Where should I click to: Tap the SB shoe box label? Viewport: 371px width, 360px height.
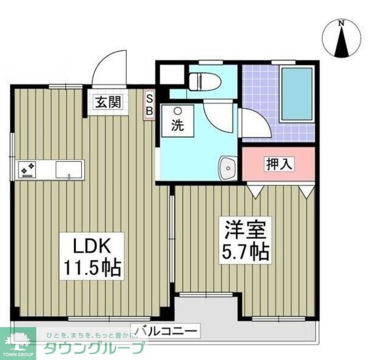149,105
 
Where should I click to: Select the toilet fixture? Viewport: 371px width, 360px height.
204,81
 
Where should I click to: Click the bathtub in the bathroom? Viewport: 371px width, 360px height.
296,94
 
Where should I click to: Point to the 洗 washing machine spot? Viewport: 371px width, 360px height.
178,121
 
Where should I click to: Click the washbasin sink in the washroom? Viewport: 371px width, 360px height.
227,168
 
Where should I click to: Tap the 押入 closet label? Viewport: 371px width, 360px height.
279,163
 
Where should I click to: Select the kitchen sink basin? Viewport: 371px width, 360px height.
68,169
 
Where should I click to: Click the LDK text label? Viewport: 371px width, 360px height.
91,246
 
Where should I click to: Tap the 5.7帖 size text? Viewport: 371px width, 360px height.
245,251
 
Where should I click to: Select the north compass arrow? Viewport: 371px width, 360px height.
342,42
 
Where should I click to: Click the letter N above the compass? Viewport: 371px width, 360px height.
341,23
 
